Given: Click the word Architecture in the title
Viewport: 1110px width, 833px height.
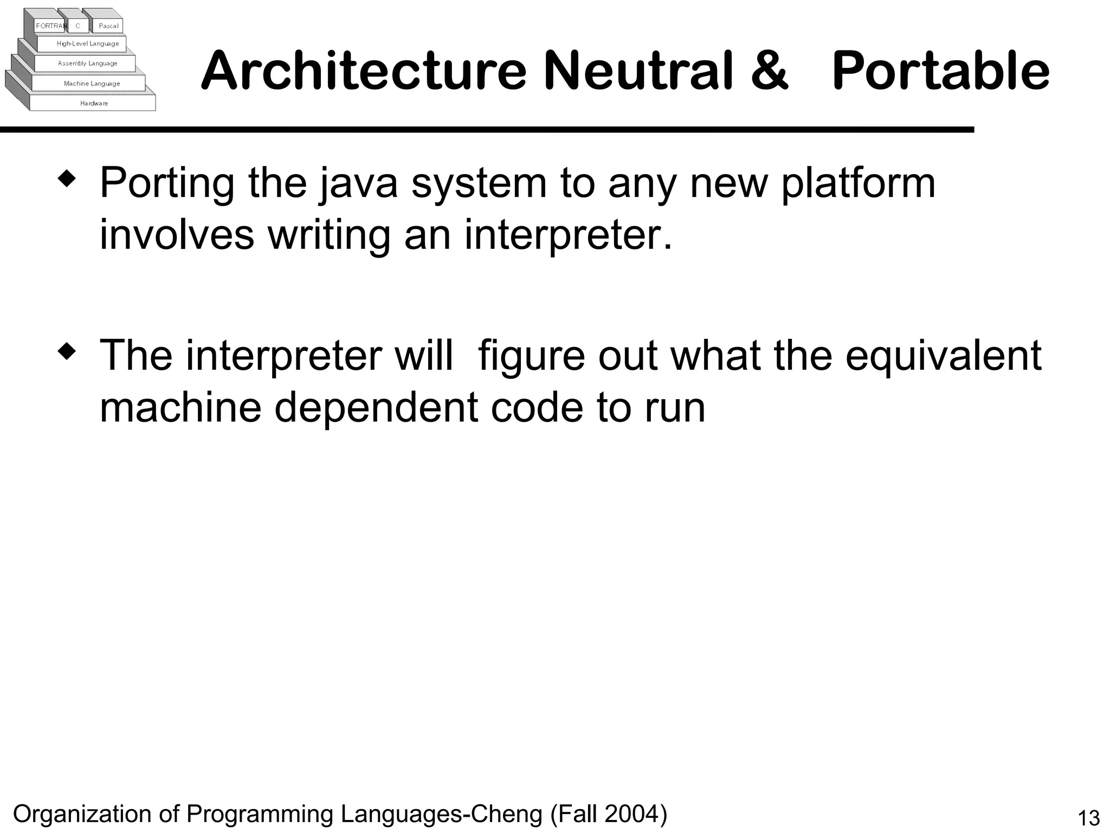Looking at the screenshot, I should pos(363,71).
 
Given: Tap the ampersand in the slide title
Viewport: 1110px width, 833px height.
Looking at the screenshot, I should pos(769,71).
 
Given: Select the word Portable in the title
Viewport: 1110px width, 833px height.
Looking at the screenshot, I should pos(940,71).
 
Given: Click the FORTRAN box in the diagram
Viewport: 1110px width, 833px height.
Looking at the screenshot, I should pos(50,26).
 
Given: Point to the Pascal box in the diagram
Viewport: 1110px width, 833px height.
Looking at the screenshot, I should pos(108,26).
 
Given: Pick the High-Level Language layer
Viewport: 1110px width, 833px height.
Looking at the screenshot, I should pos(88,44).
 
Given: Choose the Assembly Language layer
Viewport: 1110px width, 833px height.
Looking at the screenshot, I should pos(87,63).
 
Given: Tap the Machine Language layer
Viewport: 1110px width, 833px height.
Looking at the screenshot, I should pos(92,84).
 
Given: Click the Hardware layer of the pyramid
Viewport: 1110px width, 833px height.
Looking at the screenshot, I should pos(94,103).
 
